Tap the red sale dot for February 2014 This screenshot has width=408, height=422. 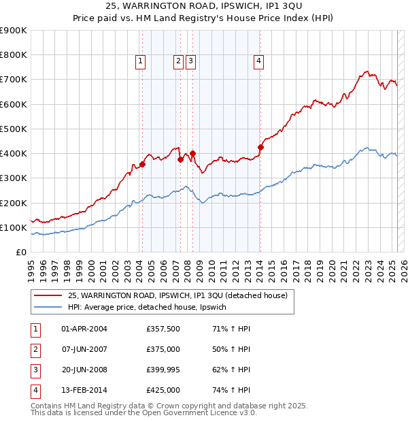(260, 146)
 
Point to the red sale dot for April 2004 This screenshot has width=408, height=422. (143, 164)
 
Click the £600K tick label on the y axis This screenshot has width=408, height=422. (14, 104)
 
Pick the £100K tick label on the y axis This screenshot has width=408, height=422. (14, 227)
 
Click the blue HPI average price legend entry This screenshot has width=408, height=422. (151, 308)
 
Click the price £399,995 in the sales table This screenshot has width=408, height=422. (163, 370)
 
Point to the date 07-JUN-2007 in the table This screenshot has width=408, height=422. (84, 349)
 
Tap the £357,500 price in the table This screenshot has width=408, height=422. (163, 329)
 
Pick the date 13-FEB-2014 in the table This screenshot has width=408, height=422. (84, 390)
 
